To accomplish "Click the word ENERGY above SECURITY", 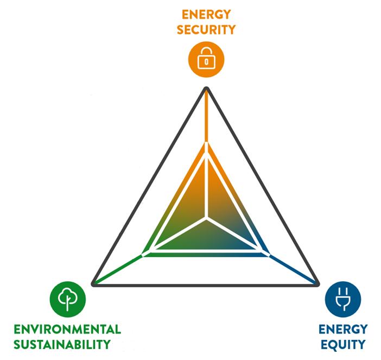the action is [206, 14].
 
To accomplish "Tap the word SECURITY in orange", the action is [206, 29].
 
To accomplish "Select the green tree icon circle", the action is [67, 299].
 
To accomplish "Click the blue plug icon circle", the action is [342, 300].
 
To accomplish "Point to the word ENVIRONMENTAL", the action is [67, 330].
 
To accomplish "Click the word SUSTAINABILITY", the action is [62, 344].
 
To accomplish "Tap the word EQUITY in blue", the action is [342, 344].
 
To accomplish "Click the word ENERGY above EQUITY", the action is [342, 330].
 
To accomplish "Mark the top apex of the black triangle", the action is [206, 89].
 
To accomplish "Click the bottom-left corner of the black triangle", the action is [94, 283].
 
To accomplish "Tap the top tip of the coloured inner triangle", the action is [206, 142].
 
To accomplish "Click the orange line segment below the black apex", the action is [206, 117].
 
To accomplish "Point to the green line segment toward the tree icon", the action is [118, 269].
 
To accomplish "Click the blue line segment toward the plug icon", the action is [293, 268].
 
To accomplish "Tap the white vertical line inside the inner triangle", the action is [206, 187].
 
